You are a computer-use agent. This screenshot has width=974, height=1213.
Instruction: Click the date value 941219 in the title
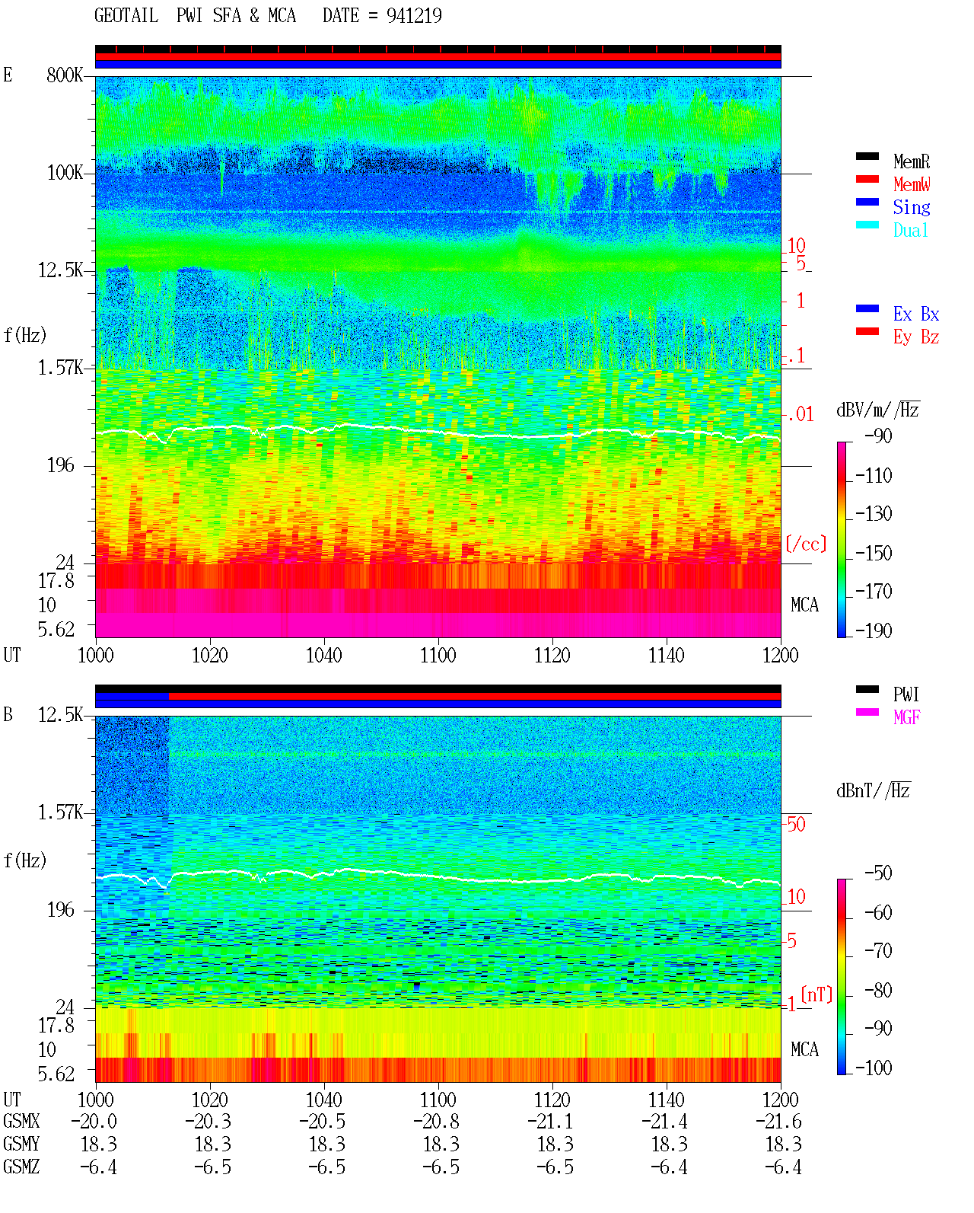coord(414,15)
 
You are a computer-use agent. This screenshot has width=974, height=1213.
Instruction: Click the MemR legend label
coord(912,161)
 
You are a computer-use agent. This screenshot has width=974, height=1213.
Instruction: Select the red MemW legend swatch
coord(867,179)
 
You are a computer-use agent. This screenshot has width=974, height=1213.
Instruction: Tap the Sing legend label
coord(912,207)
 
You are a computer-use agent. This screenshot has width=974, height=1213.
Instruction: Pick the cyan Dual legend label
coord(911,230)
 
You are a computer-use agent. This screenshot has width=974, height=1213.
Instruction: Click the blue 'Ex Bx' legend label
coord(916,314)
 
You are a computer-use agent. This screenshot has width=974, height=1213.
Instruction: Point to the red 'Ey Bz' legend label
coord(916,337)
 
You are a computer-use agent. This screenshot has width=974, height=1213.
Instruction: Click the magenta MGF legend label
coord(906,717)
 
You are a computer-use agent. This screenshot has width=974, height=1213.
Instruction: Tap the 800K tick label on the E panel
coord(65,75)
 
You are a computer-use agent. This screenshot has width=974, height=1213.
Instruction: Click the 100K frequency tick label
coord(65,173)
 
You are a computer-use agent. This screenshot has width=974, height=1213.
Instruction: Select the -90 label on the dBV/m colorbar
coord(878,436)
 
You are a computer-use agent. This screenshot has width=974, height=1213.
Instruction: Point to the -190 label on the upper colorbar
coord(874,630)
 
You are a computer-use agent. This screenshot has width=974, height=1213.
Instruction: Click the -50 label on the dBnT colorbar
coord(878,873)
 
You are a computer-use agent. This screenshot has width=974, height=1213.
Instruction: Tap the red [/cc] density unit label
coord(806,544)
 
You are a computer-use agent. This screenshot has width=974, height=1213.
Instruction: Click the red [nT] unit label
coord(816,994)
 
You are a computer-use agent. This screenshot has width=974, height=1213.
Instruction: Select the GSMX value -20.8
coord(437,1122)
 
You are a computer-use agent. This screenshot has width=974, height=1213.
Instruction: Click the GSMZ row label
coord(21,1167)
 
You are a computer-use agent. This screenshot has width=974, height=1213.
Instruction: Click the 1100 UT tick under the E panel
coord(438,656)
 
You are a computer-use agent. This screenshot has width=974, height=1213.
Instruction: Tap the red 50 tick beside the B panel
coord(796,825)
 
